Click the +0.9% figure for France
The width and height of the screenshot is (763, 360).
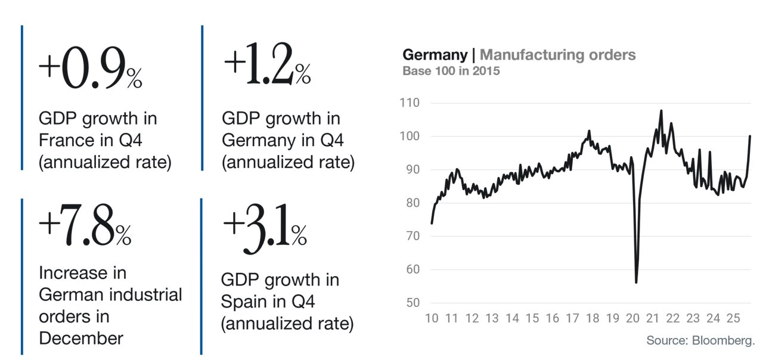coord(90,67)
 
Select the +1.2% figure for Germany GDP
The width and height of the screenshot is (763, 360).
coord(268,63)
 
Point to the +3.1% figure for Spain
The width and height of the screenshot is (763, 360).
coord(265,228)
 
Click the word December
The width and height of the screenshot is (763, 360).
coord(81,338)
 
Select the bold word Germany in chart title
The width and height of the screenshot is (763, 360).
coord(435,55)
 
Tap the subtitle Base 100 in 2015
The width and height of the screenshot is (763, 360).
coord(451,71)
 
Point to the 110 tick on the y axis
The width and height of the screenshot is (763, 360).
coord(410,103)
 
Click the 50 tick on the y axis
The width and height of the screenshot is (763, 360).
coord(413,302)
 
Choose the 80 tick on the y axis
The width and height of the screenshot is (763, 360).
coord(413,203)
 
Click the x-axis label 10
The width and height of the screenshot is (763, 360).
coord(432,318)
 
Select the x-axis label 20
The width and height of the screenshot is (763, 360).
coord(632,318)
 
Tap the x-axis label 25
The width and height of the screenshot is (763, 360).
coord(733,318)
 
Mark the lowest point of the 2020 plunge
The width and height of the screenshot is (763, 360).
coord(636,283)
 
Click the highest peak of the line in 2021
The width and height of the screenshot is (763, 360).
coord(661,111)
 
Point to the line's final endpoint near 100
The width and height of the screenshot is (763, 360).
coord(750,136)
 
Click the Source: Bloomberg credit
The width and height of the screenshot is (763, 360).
coord(700,340)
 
